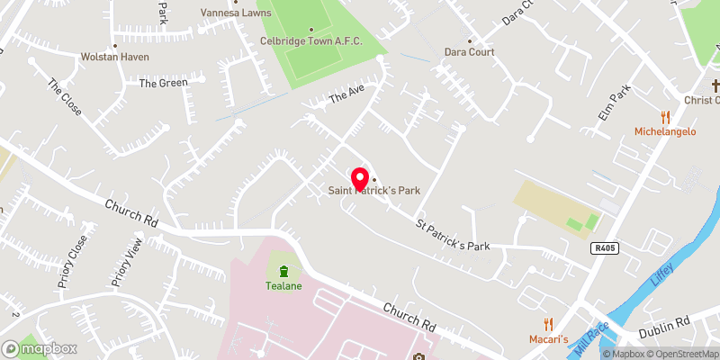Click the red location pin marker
tap(360, 177)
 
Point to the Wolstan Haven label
tap(117, 57)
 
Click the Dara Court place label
tap(469, 52)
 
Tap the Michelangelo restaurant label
tap(666, 131)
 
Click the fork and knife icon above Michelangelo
tap(666, 117)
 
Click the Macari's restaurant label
tap(548, 338)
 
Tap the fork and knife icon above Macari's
tap(547, 324)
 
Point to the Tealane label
tap(283, 286)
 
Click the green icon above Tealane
tap(283, 271)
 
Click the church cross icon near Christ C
tap(715, 86)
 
